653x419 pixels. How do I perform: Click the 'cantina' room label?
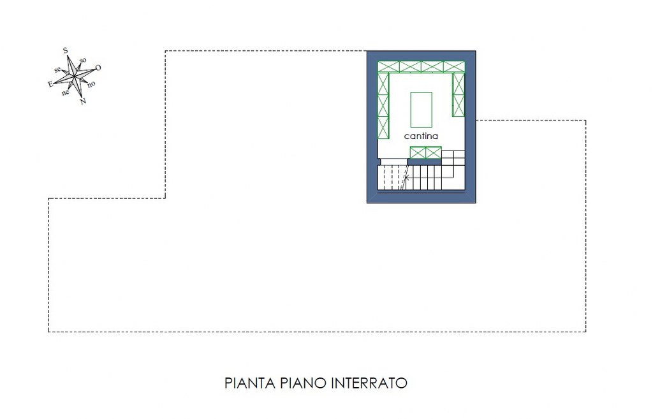421,136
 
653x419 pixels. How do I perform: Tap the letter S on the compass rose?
66,51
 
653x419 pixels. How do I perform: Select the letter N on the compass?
83,101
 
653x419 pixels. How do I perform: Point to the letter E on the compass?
50,84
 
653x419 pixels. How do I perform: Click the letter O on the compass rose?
98,68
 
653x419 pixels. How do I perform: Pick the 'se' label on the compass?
57,70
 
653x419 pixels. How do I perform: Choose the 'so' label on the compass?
83,61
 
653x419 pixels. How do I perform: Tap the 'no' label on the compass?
91,84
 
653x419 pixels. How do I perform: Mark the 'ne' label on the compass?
66,93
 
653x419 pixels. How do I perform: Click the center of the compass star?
74,77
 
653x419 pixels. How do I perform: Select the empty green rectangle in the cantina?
421,110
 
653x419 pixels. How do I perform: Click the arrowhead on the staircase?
407,178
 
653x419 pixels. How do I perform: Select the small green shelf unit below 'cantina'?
425,153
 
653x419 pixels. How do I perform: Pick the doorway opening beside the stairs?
393,162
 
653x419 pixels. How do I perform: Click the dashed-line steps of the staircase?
392,178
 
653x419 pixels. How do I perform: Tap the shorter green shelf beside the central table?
459,94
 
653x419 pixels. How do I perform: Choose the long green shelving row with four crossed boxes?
421,67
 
